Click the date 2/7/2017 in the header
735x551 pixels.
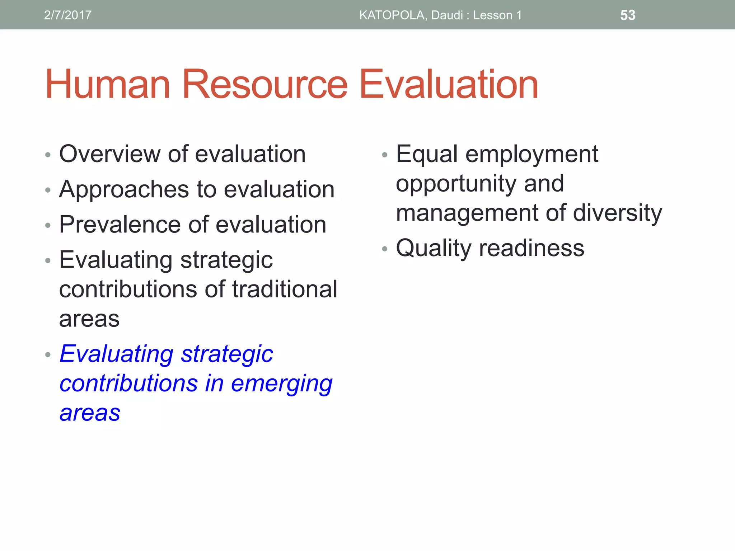67,15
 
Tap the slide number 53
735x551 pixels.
628,15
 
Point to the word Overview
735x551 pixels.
109,154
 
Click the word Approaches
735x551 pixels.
124,189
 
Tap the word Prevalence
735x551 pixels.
120,225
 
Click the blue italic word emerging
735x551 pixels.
281,384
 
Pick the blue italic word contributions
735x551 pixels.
128,383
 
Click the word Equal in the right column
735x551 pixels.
427,154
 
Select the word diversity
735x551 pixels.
617,213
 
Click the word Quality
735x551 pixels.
433,248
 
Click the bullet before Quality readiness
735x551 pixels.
385,249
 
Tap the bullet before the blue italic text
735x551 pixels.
48,355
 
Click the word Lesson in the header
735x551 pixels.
492,15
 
